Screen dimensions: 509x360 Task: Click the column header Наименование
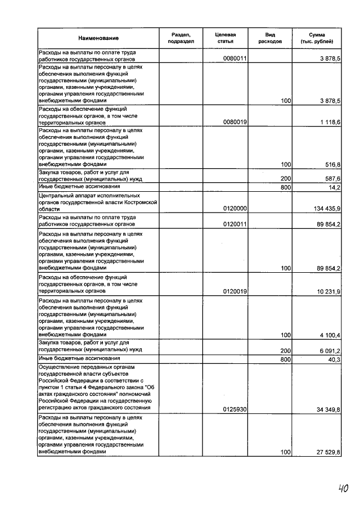pyautogui.click(x=98, y=38)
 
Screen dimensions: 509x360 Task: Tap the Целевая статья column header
pyautogui.click(x=225, y=38)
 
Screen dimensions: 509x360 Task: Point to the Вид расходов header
pyautogui.click(x=270, y=38)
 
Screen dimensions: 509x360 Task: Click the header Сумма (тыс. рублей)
pyautogui.click(x=317, y=38)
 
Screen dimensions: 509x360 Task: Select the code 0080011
pyautogui.click(x=236, y=58)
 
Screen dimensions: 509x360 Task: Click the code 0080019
pyautogui.click(x=236, y=122)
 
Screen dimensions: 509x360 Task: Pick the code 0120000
pyautogui.click(x=236, y=208)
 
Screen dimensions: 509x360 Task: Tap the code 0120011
pyautogui.click(x=236, y=224)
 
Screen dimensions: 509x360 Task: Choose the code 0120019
pyautogui.click(x=236, y=291)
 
